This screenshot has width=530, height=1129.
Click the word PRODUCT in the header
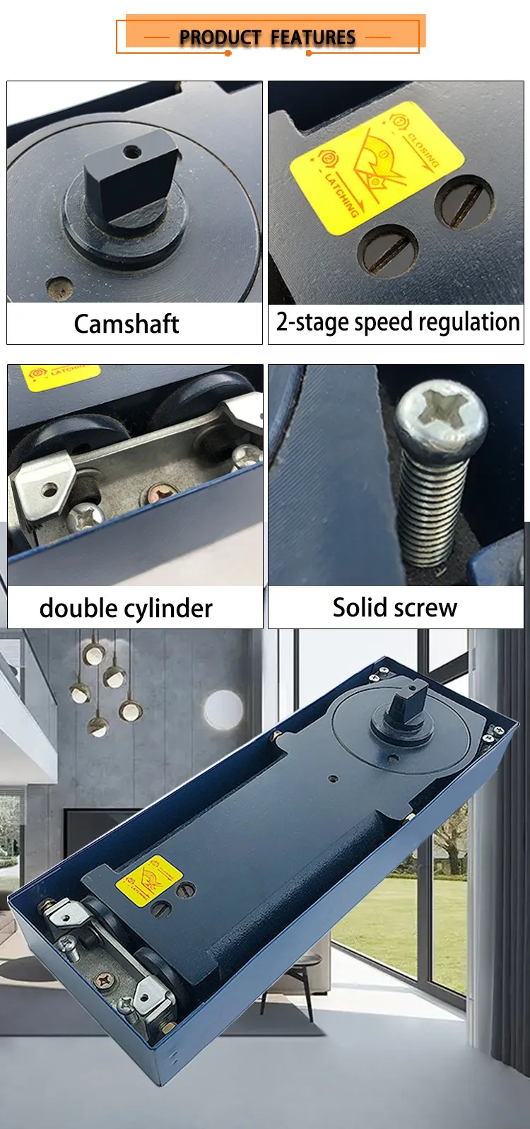click(x=220, y=37)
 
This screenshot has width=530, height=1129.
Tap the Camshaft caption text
click(x=126, y=324)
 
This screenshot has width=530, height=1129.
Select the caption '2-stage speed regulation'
click(x=397, y=322)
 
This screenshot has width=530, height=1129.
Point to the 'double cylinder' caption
click(x=126, y=608)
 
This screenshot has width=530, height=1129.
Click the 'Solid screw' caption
click(x=394, y=607)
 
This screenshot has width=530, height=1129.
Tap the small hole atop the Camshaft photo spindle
click(x=131, y=151)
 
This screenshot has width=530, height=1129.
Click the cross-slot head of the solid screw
click(x=440, y=411)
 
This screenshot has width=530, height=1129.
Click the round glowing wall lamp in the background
click(x=223, y=709)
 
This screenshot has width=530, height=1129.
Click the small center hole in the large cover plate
click(x=333, y=779)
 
